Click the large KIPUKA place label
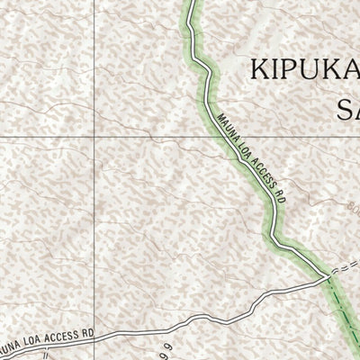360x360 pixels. tap(304, 69)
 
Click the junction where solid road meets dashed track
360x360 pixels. tap(327, 279)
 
